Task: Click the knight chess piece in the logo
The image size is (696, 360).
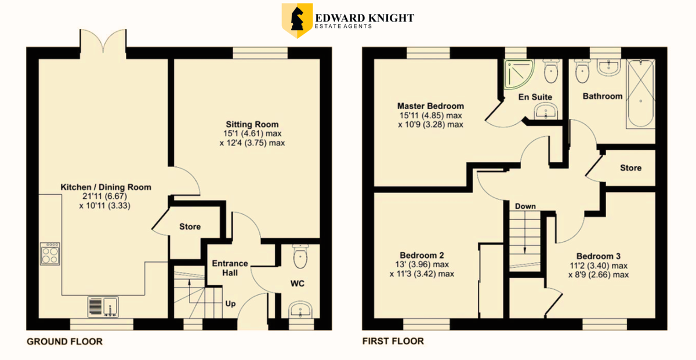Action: click(x=297, y=19)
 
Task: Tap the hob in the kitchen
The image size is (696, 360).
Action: click(x=50, y=254)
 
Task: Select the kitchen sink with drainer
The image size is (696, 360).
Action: click(x=103, y=307)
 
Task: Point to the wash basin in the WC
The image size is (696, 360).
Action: click(x=300, y=310)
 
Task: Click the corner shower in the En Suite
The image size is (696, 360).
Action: click(x=519, y=74)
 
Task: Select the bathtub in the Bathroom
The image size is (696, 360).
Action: click(x=641, y=93)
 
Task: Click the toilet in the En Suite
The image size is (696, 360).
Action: click(x=551, y=71)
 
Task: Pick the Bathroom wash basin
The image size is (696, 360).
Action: click(x=609, y=67)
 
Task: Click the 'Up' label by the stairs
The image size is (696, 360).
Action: click(x=230, y=303)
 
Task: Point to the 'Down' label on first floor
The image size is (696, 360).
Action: click(x=525, y=206)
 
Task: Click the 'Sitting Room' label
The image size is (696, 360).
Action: click(x=252, y=124)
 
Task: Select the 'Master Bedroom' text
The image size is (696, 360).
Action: click(x=430, y=106)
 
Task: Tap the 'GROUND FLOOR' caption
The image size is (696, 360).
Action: click(x=64, y=341)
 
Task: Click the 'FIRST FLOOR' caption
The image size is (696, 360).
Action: click(x=393, y=341)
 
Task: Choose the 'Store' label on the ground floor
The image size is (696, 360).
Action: click(x=190, y=227)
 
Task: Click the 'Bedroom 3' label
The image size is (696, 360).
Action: click(x=599, y=256)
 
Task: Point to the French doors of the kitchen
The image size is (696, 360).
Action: click(x=103, y=43)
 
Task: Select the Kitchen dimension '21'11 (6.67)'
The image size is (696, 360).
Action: click(x=105, y=197)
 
